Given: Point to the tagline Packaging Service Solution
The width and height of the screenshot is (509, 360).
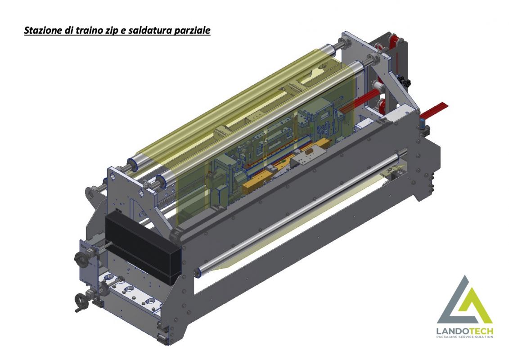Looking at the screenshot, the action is pos(465,337).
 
